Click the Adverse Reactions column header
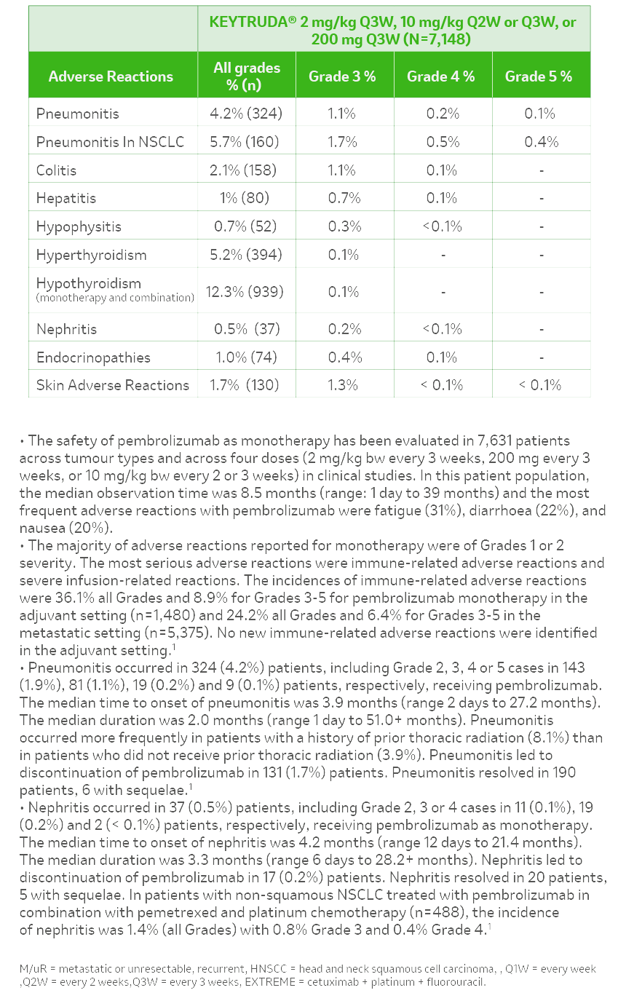[111, 76]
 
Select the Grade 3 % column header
[342, 76]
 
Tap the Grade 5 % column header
[539, 76]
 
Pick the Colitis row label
[56, 170]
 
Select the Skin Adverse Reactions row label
[113, 385]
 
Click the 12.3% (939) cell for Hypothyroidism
[245, 292]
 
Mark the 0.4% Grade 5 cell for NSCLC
[540, 142]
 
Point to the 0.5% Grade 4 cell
[443, 142]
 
